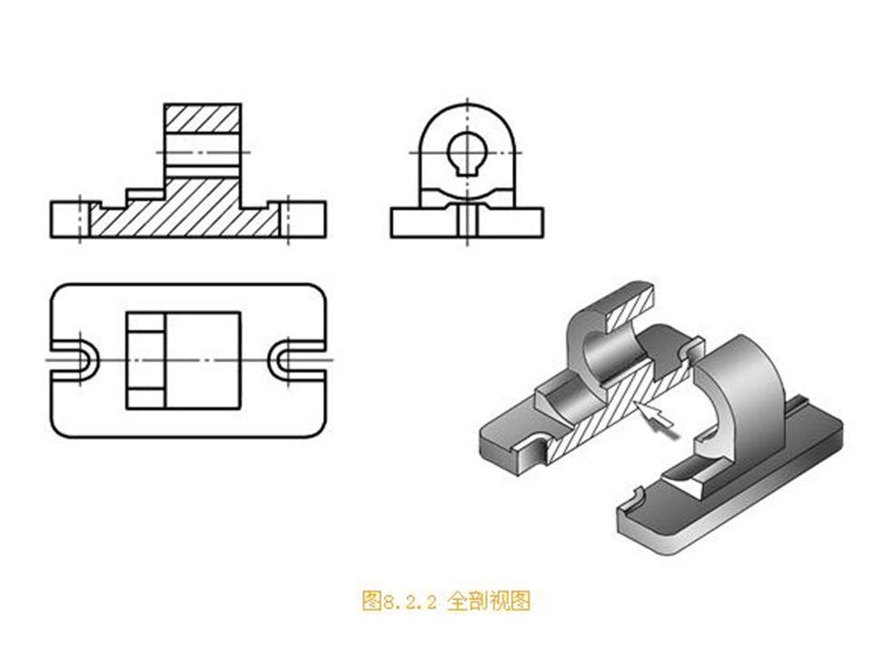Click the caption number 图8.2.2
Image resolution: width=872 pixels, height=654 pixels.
(400, 601)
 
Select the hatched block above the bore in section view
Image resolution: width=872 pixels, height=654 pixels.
(203, 119)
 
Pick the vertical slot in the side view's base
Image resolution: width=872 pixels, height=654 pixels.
(466, 222)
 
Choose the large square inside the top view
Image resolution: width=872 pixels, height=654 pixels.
(202, 360)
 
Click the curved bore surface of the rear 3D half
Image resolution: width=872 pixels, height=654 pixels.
(591, 354)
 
